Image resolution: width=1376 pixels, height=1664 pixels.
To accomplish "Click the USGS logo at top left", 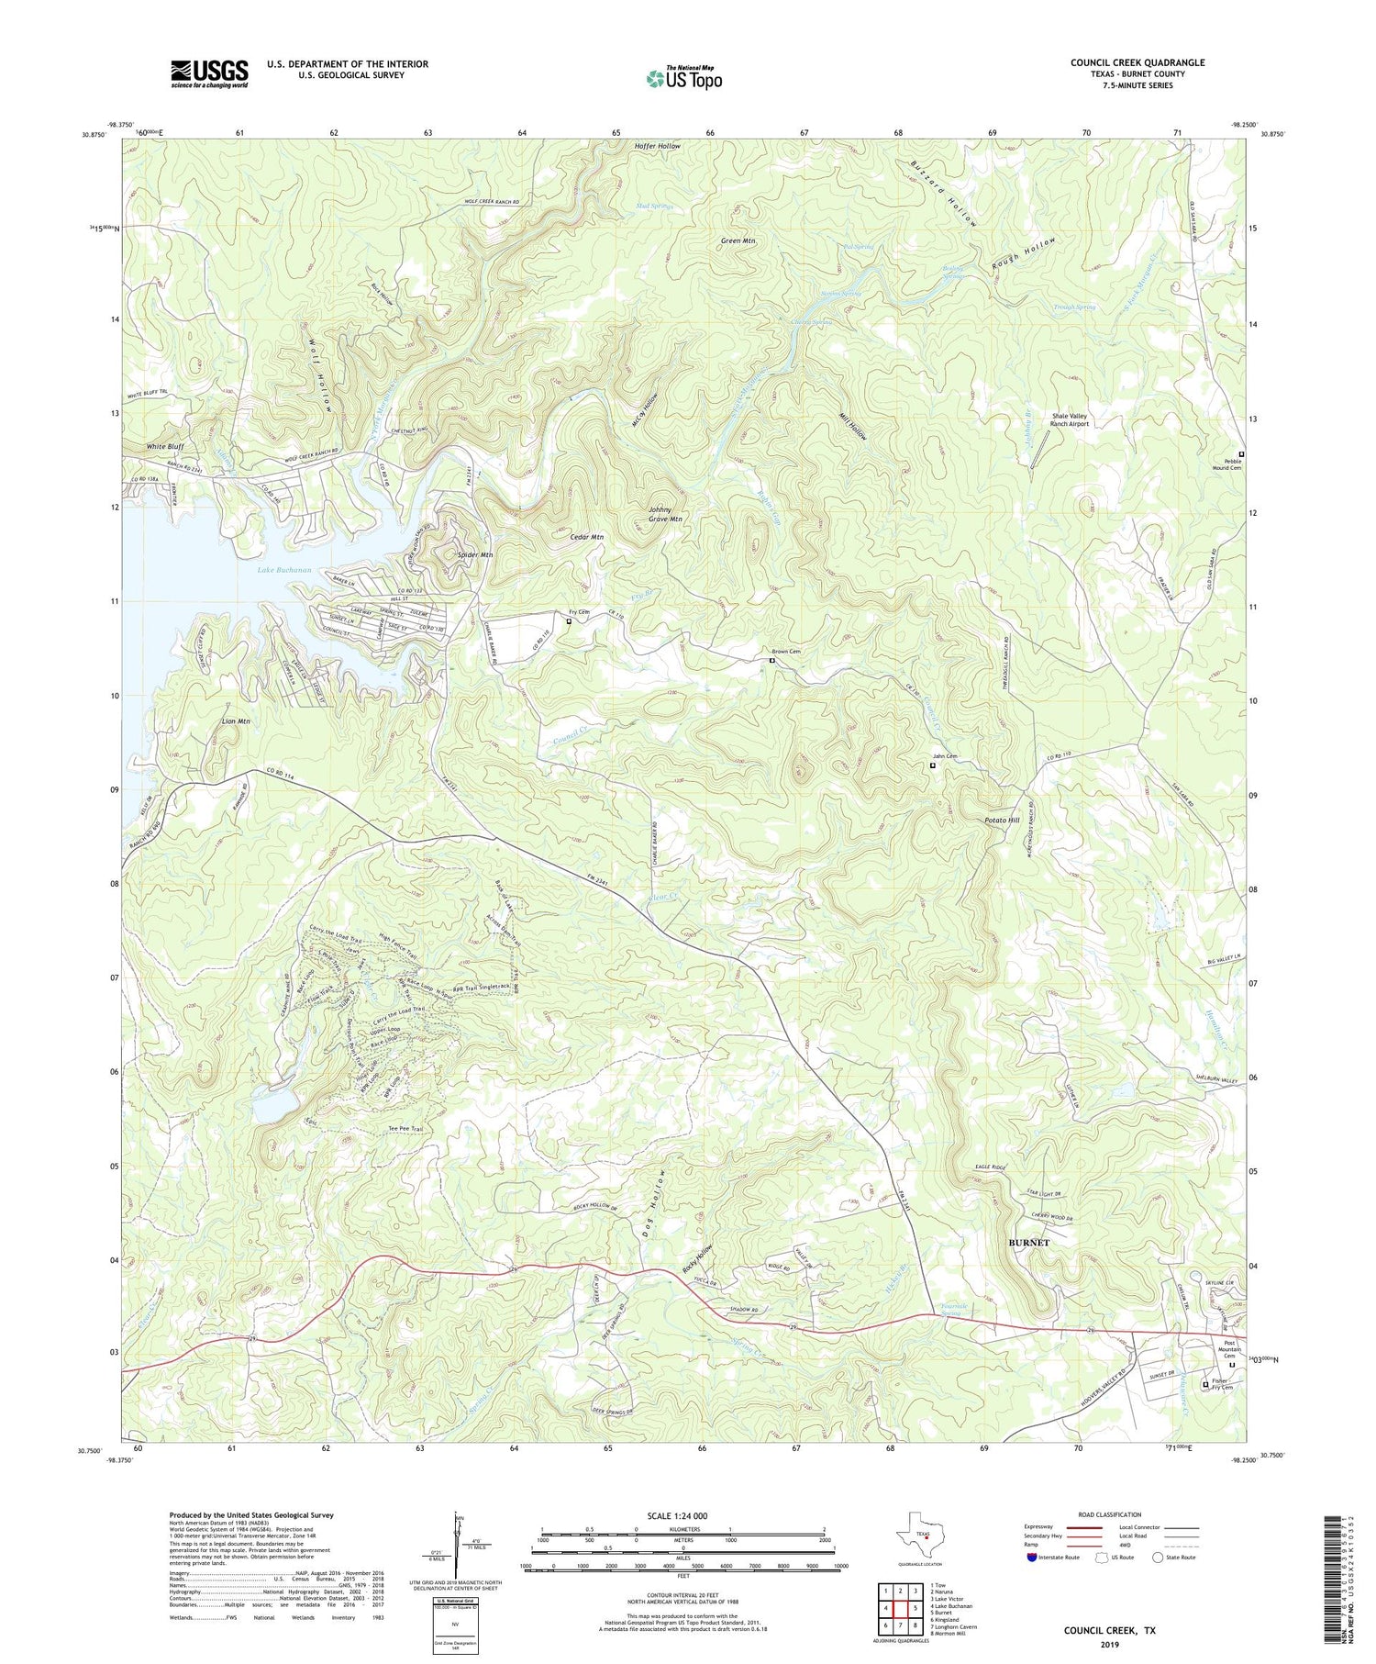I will pos(209,73).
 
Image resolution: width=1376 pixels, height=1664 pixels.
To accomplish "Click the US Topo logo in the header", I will pos(682,78).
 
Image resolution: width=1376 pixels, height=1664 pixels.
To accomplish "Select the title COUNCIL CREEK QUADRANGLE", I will pos(1137,62).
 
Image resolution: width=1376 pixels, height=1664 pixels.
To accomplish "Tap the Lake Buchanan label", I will pos(284,570).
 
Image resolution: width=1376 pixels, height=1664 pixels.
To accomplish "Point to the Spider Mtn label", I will pos(475,555).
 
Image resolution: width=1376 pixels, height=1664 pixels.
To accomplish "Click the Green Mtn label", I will pos(738,241).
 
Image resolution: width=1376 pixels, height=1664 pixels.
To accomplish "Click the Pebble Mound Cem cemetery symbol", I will pos(1242,454).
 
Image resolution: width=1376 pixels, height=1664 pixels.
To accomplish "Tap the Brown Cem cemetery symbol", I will pos(771,660).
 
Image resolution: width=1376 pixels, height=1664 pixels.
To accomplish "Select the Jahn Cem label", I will pos(945,756).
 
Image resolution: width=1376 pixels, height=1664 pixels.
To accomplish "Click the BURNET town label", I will pos(1028,1243).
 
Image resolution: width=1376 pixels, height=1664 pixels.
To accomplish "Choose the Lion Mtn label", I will pos(236,721).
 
